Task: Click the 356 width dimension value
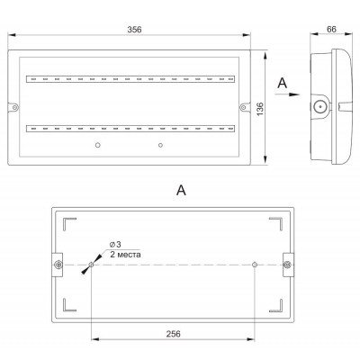(134, 30)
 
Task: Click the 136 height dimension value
(260, 109)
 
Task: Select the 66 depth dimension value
(331, 29)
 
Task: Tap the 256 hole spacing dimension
(174, 334)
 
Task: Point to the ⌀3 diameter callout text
(115, 245)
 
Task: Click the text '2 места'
(125, 255)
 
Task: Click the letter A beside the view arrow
(283, 84)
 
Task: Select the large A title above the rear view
(181, 190)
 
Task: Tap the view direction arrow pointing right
(287, 94)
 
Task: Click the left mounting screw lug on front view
(14, 107)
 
